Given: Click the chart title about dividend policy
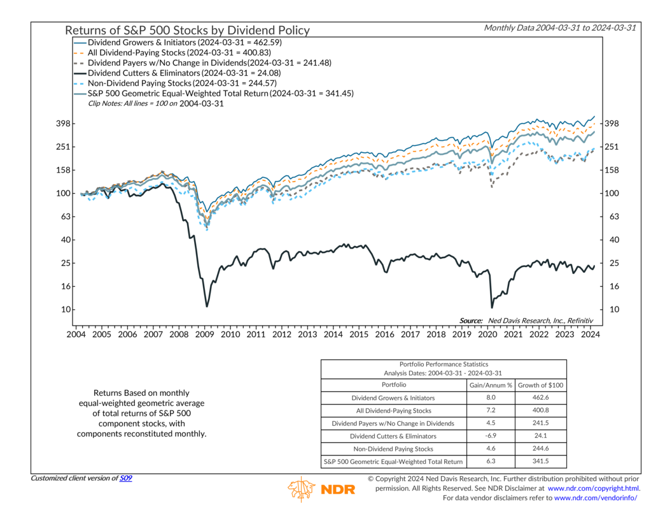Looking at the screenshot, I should (187, 30).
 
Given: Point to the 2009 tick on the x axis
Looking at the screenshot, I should (205, 334).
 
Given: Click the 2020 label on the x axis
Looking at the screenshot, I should (487, 334).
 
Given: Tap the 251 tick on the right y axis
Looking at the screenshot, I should (611, 147).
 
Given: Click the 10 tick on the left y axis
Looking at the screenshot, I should (66, 310).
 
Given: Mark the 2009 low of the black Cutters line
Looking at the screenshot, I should (206, 307).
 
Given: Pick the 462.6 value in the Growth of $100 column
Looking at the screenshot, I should (540, 398).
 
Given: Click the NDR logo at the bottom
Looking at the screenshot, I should (321, 489).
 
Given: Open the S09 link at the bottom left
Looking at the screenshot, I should (126, 478).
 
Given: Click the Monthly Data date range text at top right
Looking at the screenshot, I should (559, 27).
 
